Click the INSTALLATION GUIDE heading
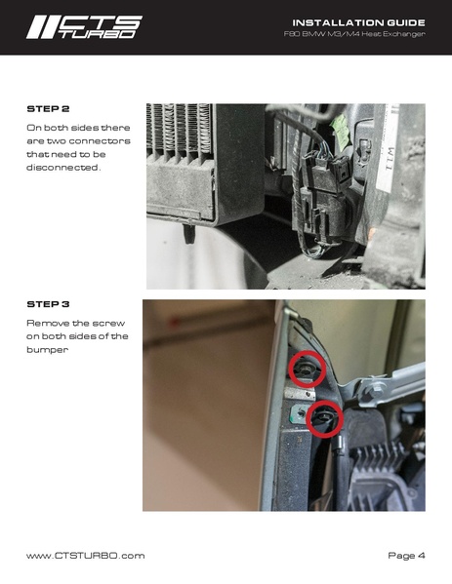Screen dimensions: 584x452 (x=358, y=22)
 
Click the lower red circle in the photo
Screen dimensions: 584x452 (x=324, y=418)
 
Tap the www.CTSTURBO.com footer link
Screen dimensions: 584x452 (x=85, y=555)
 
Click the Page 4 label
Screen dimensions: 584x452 (x=406, y=555)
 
